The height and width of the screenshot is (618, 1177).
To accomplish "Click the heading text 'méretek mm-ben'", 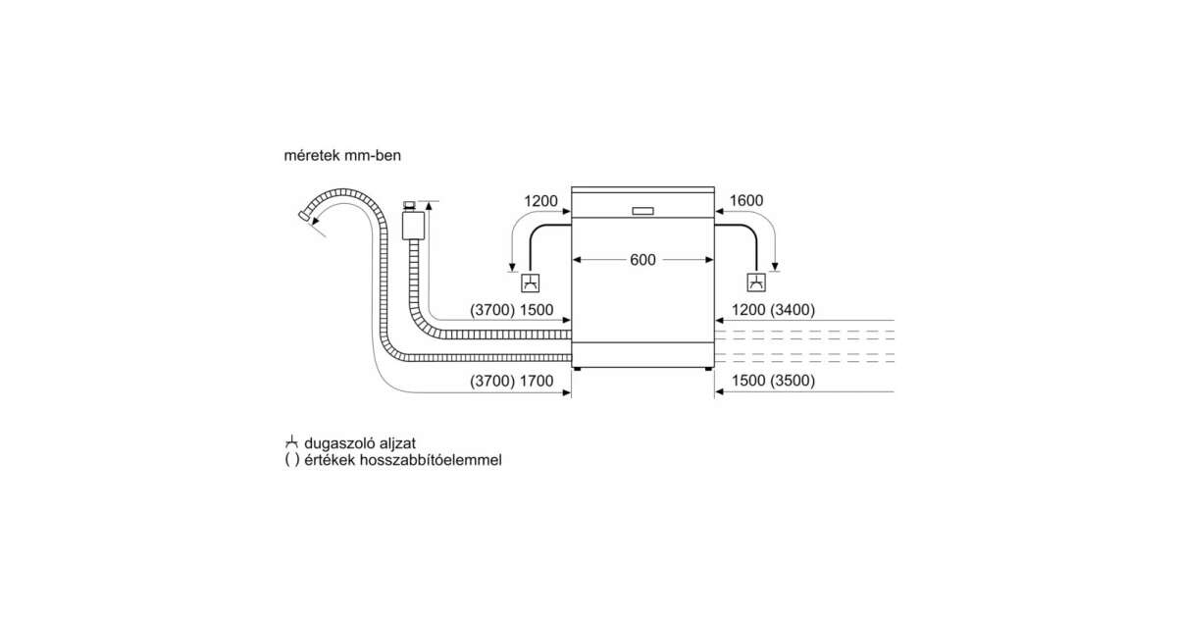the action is [342, 156].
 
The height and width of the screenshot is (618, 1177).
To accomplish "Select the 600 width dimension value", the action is [642, 260].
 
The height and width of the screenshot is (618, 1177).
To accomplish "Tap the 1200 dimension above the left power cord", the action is [540, 201].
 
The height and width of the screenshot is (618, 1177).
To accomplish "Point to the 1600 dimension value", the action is [746, 200].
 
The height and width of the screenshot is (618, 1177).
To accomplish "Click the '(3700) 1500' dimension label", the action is [511, 310].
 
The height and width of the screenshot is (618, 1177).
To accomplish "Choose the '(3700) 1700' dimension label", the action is [511, 381].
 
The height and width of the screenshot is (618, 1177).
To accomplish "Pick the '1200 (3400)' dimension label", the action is [773, 310].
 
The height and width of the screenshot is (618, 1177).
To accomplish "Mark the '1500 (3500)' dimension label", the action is [773, 381].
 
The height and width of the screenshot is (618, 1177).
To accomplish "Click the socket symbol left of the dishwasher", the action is [531, 283].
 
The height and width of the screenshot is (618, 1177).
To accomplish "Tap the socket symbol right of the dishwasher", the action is [756, 283].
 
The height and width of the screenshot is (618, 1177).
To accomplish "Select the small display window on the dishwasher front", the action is [642, 211].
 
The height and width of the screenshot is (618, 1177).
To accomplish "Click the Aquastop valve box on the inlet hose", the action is [413, 226].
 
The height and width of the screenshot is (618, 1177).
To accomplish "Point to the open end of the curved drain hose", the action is [304, 216].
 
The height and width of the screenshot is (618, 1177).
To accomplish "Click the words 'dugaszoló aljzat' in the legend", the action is [360, 443].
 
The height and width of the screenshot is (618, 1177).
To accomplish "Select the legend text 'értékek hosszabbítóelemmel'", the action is [403, 460].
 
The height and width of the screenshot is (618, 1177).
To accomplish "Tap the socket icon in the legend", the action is [291, 442].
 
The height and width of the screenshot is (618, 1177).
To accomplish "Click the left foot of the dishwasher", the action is [578, 369].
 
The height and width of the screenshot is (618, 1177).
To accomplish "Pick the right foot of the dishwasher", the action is [708, 369].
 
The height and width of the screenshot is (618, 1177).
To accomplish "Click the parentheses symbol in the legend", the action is [292, 460].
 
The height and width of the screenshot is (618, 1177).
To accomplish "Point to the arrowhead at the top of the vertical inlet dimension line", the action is [429, 205].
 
